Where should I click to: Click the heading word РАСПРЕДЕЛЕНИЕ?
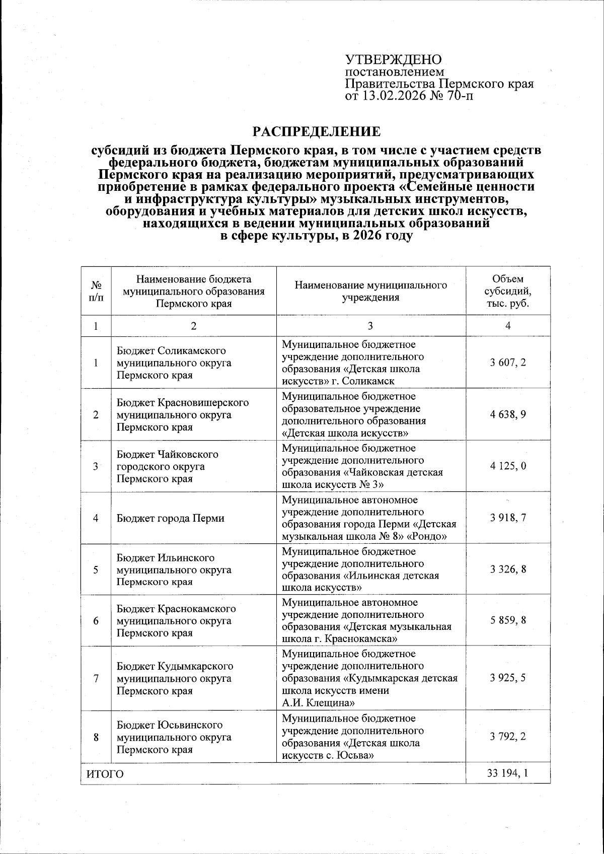coord(317,132)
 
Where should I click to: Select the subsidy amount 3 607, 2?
coord(508,363)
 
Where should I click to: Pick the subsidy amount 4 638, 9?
coord(508,414)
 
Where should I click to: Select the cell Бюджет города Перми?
coord(171,518)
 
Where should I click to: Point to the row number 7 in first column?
coord(96,678)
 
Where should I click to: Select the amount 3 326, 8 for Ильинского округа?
coord(508,569)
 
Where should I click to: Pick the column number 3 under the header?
coord(371,326)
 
